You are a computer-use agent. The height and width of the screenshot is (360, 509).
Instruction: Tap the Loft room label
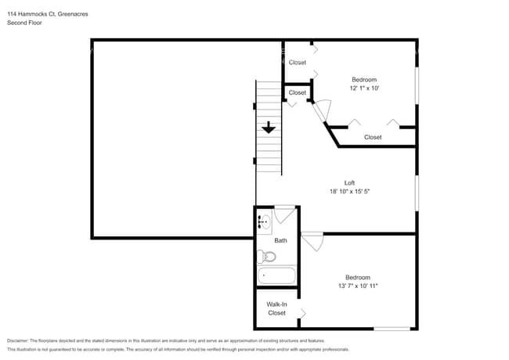point(349,183)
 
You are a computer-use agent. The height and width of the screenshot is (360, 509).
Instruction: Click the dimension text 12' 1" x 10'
point(364,88)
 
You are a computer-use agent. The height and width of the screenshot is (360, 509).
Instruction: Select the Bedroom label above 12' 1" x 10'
point(364,80)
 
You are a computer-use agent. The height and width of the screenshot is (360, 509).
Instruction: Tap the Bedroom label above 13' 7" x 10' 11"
point(358,277)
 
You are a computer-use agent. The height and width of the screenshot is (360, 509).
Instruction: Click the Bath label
point(280,241)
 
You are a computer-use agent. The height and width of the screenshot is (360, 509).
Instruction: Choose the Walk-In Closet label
point(276,308)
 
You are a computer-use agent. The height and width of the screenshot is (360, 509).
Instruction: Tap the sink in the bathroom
point(263,222)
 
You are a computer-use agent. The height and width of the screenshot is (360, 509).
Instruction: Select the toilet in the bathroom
point(267,257)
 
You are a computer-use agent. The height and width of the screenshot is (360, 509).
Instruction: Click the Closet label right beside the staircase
point(298,93)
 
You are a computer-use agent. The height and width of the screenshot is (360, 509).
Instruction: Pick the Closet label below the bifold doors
point(373,137)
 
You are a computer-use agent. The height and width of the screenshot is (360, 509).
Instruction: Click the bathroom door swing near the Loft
point(284,215)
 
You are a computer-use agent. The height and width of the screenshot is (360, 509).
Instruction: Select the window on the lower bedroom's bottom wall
point(392,328)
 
